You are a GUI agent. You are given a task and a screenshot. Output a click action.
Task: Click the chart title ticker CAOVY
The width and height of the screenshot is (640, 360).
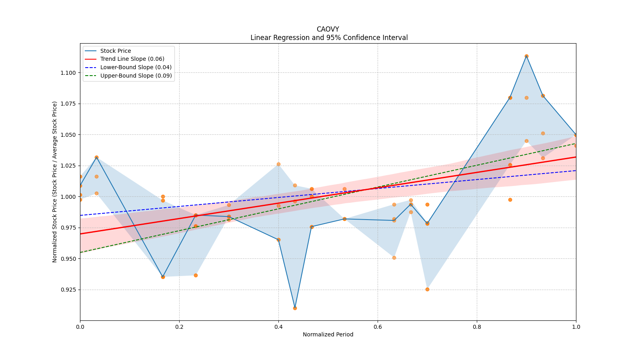point(328,29)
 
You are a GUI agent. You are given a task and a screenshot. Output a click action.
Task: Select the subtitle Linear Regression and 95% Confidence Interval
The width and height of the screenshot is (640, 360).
point(329,38)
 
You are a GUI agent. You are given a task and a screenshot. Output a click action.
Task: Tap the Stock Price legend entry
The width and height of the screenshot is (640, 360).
point(115,51)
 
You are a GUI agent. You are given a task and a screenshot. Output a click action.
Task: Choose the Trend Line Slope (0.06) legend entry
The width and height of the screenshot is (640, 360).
point(132,59)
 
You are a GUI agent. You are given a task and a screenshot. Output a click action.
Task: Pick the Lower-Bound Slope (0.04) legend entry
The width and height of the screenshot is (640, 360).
point(136,68)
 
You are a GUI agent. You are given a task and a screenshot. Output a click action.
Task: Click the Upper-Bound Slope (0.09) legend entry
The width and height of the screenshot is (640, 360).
point(136,76)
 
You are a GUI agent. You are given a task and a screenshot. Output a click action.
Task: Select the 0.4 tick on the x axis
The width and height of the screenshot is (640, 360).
point(278,327)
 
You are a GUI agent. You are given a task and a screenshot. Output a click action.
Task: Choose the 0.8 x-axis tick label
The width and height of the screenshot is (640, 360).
point(477,327)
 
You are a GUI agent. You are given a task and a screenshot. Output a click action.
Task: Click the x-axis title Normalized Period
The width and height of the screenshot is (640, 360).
point(328,334)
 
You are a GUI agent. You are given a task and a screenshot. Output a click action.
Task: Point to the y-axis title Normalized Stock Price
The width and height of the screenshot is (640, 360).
point(55,182)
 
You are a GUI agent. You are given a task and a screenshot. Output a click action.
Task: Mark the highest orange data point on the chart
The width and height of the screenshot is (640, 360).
point(526,56)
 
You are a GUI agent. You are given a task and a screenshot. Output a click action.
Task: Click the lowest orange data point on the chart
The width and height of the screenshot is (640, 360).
point(295,308)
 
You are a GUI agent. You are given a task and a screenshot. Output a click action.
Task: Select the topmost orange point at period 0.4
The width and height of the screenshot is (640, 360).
point(278,164)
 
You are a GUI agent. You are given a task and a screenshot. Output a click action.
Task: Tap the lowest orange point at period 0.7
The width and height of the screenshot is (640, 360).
point(427,289)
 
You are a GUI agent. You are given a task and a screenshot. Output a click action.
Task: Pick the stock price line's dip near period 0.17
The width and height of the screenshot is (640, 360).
point(163,277)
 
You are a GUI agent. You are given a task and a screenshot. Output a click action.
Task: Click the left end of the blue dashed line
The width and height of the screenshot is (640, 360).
point(80,215)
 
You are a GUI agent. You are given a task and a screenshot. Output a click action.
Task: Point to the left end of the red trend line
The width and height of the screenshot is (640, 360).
point(80,234)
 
